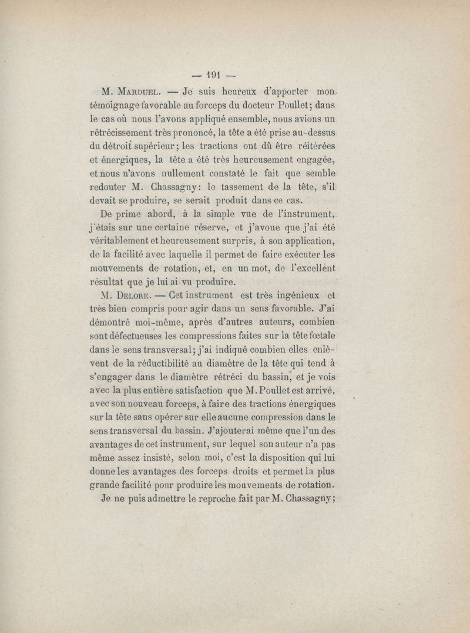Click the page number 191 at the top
click(x=210, y=75)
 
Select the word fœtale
click(x=320, y=338)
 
